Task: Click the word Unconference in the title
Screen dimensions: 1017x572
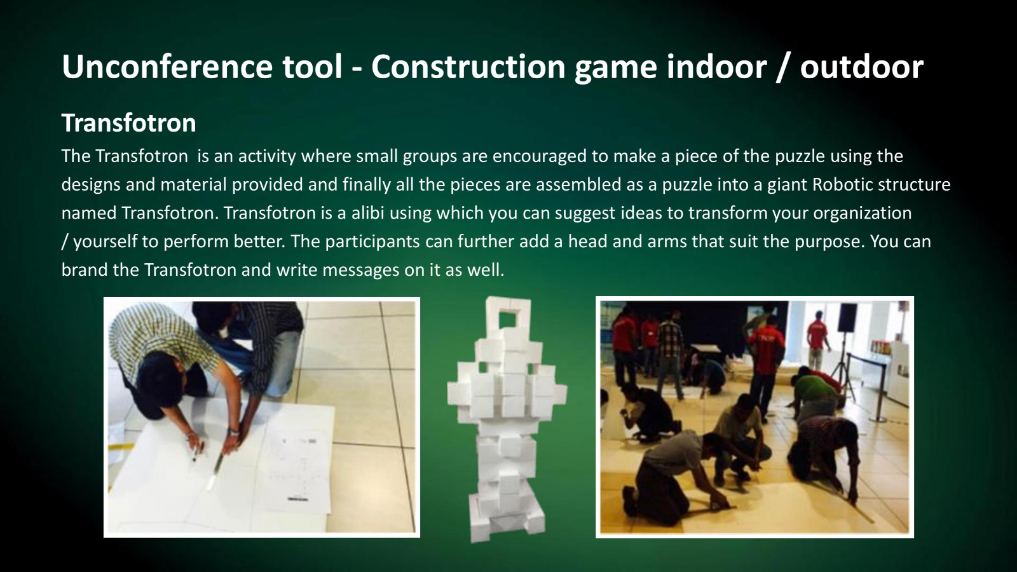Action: (x=167, y=66)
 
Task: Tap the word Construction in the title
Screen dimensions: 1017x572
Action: (x=468, y=66)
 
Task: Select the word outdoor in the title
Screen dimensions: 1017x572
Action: (x=862, y=66)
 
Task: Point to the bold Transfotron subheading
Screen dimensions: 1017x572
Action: (x=128, y=123)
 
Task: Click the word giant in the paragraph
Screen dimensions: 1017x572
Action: (x=787, y=185)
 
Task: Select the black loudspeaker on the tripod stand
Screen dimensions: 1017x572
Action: (x=847, y=317)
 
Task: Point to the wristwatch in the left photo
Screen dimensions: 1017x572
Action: (x=234, y=432)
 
